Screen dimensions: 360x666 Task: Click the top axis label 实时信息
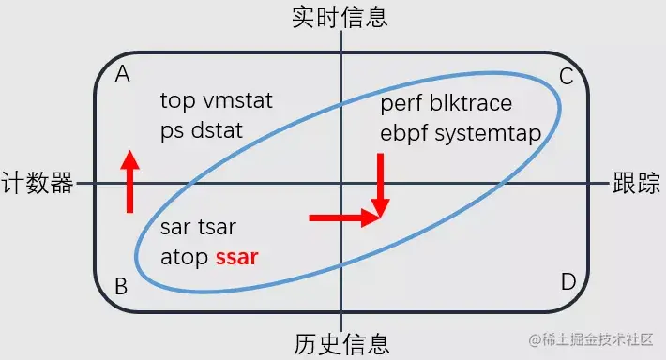[x=341, y=16]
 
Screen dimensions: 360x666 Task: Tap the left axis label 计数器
[x=38, y=183]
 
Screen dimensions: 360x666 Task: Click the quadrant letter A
[x=122, y=75]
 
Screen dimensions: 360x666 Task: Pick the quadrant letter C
[x=566, y=77]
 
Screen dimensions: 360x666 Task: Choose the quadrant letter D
[x=568, y=282]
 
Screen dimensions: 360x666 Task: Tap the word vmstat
[x=238, y=101]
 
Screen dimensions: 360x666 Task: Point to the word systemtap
[x=488, y=133]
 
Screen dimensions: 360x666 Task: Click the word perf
[x=401, y=103]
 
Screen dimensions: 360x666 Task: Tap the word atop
[x=184, y=256]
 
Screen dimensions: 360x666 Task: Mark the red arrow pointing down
[x=380, y=186]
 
